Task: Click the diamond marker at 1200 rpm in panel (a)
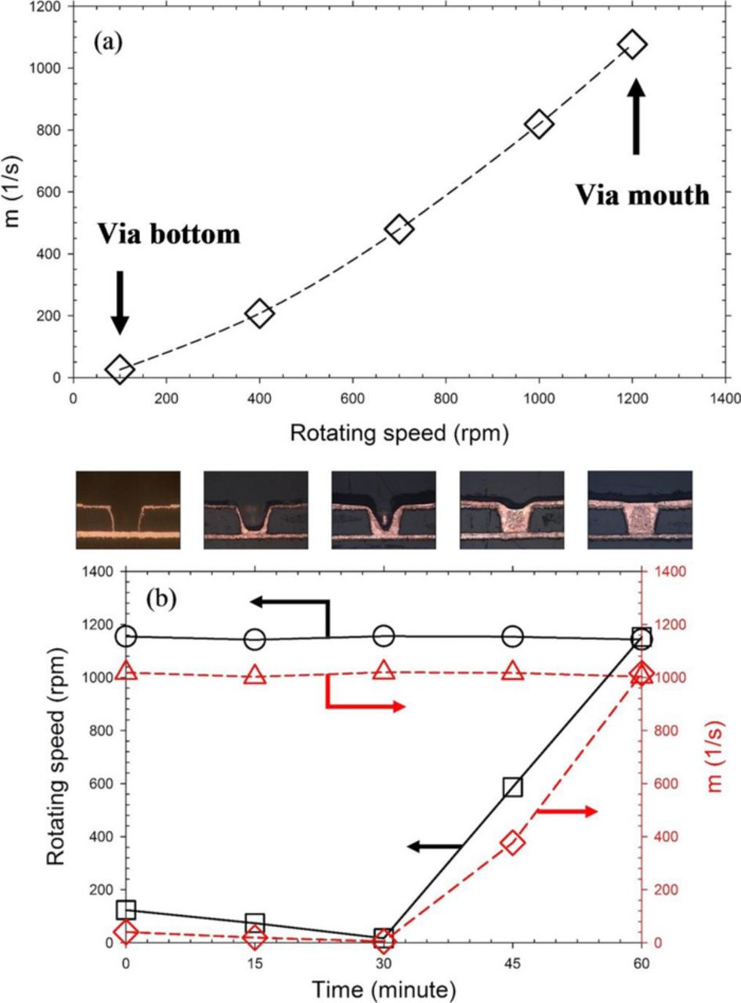[632, 45]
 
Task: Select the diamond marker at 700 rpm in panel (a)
[399, 230]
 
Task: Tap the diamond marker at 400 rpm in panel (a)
[259, 314]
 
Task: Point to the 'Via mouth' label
[642, 194]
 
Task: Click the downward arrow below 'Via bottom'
[119, 302]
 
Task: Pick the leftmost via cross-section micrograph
[128, 509]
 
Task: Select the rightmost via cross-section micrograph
[640, 509]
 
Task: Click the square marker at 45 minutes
[513, 787]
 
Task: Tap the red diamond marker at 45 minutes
[513, 843]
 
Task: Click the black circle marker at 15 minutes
[255, 639]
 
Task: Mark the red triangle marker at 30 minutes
[384, 670]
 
